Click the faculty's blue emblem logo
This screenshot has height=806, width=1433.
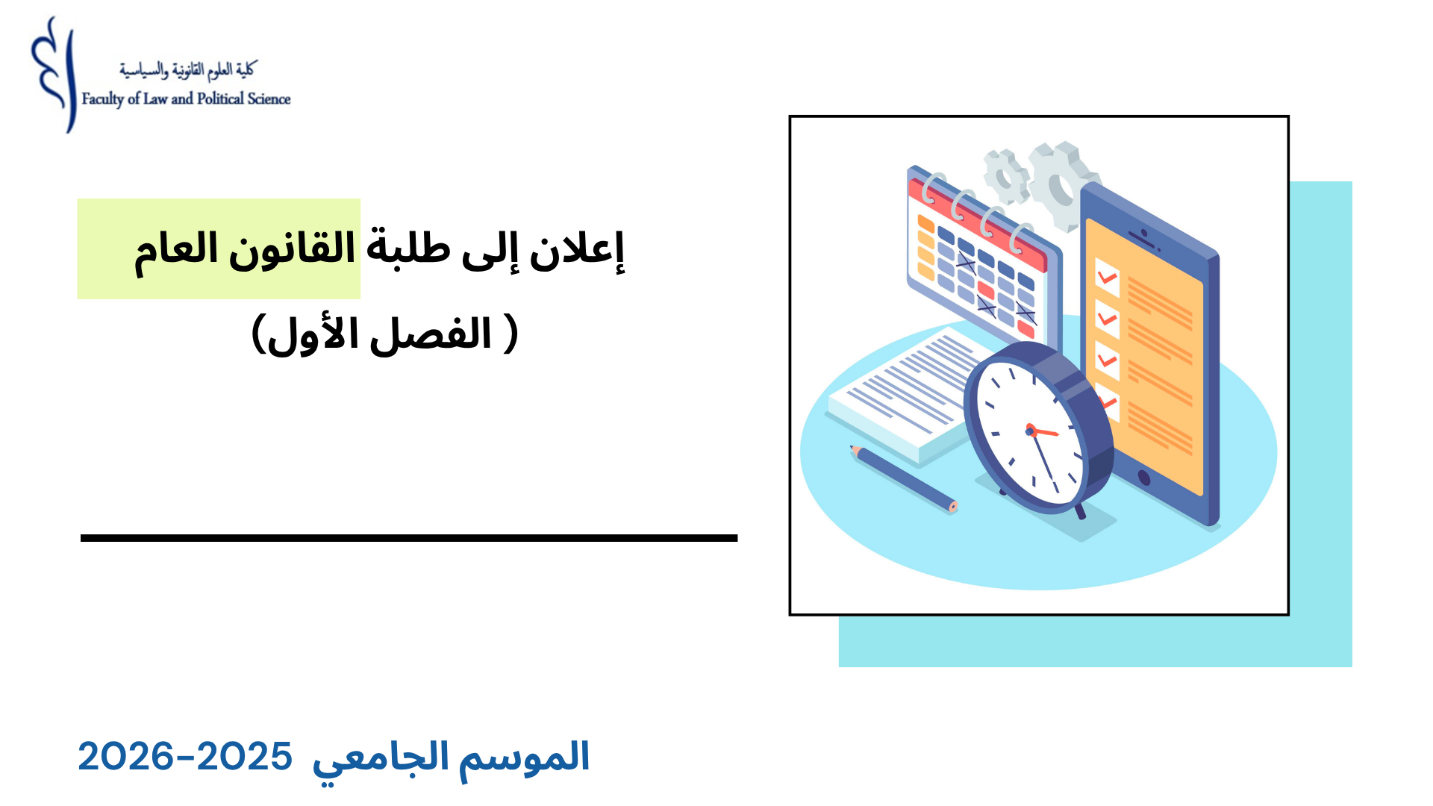[54, 75]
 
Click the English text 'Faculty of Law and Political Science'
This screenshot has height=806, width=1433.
[186, 99]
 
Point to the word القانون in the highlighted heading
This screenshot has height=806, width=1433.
[292, 250]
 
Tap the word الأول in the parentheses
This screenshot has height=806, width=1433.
[314, 335]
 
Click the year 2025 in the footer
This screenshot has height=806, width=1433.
[244, 757]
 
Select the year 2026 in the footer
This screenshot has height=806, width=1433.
[125, 757]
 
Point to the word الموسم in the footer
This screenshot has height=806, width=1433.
[524, 757]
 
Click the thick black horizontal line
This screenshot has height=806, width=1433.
[409, 537]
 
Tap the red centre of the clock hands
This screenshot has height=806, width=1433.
[1031, 431]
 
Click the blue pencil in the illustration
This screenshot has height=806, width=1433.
[903, 478]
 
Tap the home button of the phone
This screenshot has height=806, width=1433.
[1143, 477]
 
